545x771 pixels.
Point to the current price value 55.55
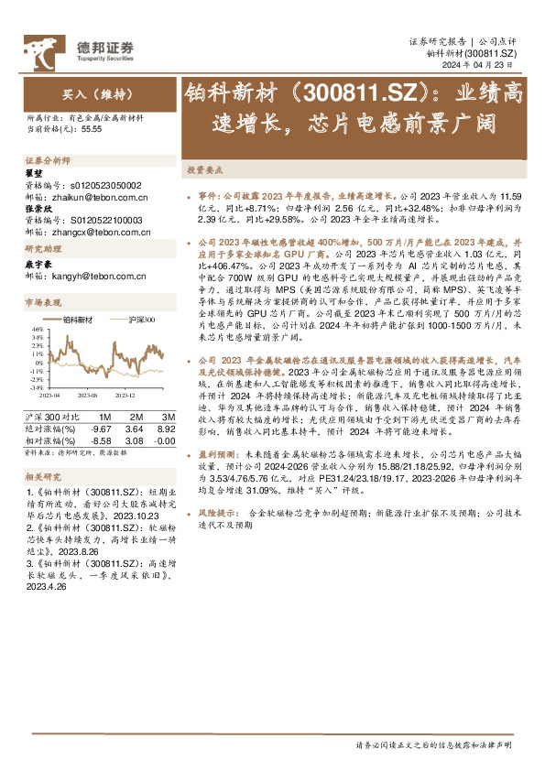pos(92,130)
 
